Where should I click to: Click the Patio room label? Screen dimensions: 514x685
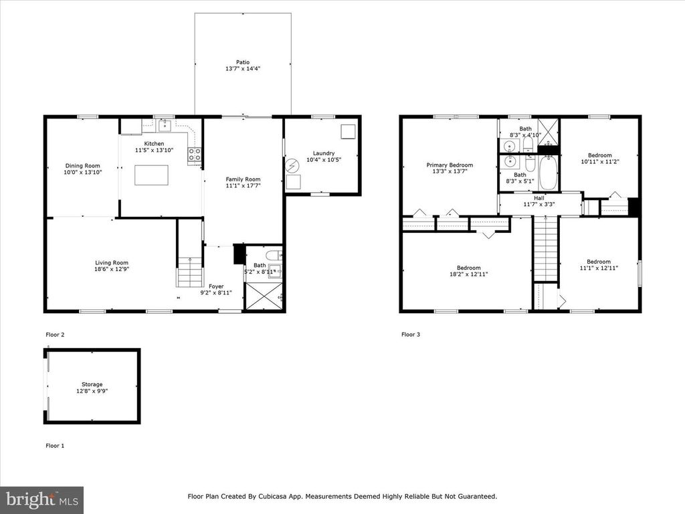(x=242, y=62)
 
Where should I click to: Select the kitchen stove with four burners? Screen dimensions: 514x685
(x=195, y=155)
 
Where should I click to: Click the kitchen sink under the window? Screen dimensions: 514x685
(x=165, y=126)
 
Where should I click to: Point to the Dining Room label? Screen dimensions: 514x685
(x=82, y=166)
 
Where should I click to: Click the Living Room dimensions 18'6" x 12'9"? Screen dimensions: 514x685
(x=110, y=270)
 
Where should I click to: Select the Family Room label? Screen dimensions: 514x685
(x=242, y=179)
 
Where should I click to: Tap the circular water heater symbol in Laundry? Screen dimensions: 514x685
(x=292, y=165)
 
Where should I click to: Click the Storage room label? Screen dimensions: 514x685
(x=92, y=384)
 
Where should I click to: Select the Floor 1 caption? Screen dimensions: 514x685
(x=55, y=445)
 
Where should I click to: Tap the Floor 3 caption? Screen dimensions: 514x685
(x=411, y=334)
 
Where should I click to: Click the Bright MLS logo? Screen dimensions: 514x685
(x=41, y=499)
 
